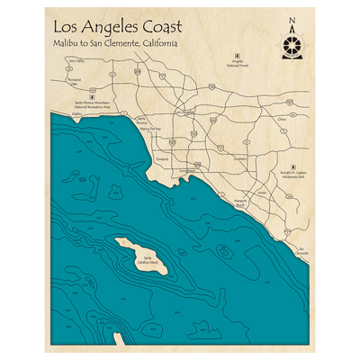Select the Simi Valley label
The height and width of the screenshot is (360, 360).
click(x=75, y=61)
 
